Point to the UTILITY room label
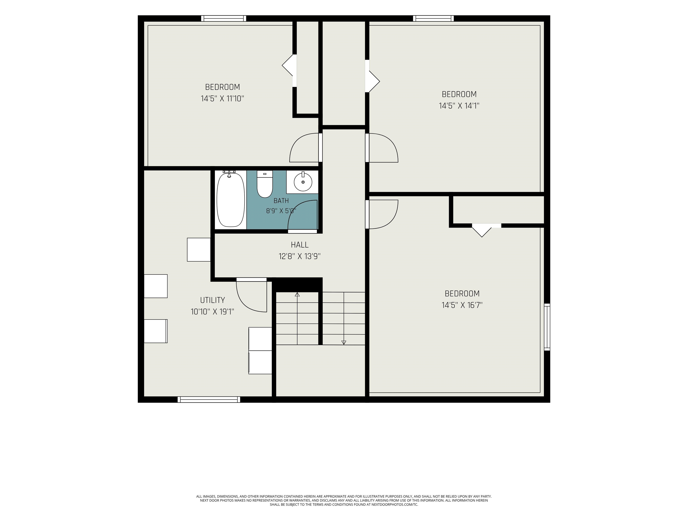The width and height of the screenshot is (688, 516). [x=213, y=300]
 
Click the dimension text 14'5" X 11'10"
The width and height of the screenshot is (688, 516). [x=222, y=99]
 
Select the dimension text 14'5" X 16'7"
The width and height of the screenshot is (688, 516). [x=462, y=305]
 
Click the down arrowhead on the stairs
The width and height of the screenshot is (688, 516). [x=344, y=342]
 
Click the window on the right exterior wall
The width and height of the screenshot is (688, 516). [x=547, y=327]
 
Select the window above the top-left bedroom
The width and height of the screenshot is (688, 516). [x=223, y=18]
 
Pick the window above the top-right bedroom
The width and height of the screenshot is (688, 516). [x=433, y=18]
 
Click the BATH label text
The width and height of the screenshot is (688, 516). [x=281, y=201]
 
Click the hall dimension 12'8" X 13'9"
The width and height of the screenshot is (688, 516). [x=299, y=256]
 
